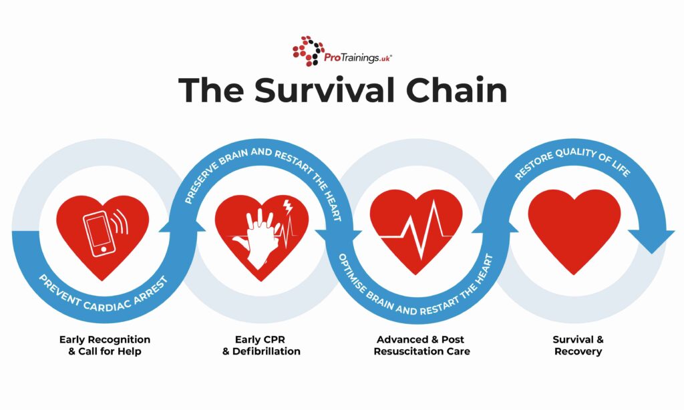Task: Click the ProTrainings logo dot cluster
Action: (x=308, y=51)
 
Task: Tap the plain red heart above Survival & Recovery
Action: (x=574, y=228)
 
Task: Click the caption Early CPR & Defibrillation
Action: (x=261, y=345)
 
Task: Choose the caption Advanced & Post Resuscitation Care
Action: (x=421, y=345)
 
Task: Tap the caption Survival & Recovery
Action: (x=578, y=345)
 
